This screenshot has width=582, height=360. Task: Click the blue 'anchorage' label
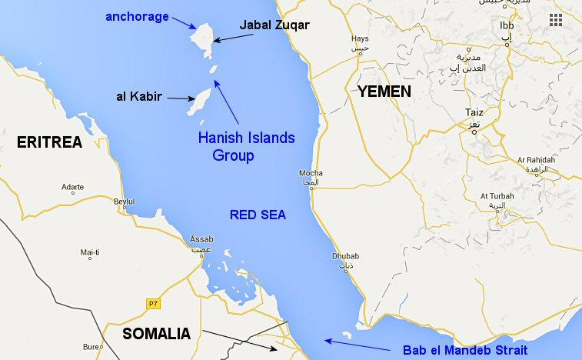tap(138, 16)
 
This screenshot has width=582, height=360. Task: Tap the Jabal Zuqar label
tap(274, 25)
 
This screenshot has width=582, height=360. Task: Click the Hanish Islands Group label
tap(246, 146)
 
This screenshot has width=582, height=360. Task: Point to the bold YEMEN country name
tap(384, 92)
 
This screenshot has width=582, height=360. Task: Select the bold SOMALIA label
tap(156, 335)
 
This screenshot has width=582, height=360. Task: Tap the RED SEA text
tap(258, 215)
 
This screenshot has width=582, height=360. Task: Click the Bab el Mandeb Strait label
tap(465, 350)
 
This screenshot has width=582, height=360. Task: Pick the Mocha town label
tap(311, 173)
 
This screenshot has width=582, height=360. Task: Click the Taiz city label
tap(474, 112)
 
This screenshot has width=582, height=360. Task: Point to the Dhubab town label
tap(345, 256)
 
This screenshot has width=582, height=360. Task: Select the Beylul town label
tap(124, 202)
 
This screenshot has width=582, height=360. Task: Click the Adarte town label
tap(72, 187)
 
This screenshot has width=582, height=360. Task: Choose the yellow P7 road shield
tap(152, 304)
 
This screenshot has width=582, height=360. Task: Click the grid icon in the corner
tap(555, 20)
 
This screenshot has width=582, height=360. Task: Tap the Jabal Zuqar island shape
tap(205, 35)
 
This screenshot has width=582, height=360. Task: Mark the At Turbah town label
tap(496, 196)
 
